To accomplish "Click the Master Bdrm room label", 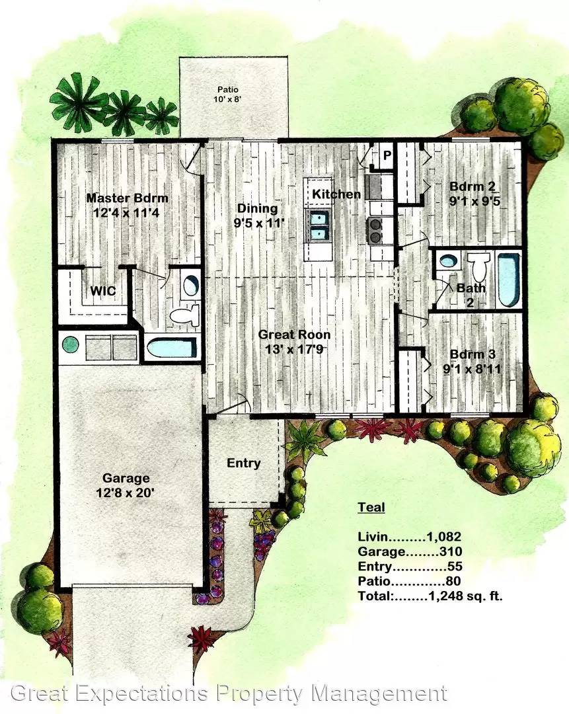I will (128, 198).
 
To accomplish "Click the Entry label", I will (243, 463).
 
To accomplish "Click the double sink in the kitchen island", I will (317, 225).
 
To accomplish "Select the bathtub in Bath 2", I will (509, 280).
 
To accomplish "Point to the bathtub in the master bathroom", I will (170, 348).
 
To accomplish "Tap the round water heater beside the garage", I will (70, 344).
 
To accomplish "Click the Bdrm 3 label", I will (471, 354).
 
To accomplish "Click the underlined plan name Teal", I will (371, 508).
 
